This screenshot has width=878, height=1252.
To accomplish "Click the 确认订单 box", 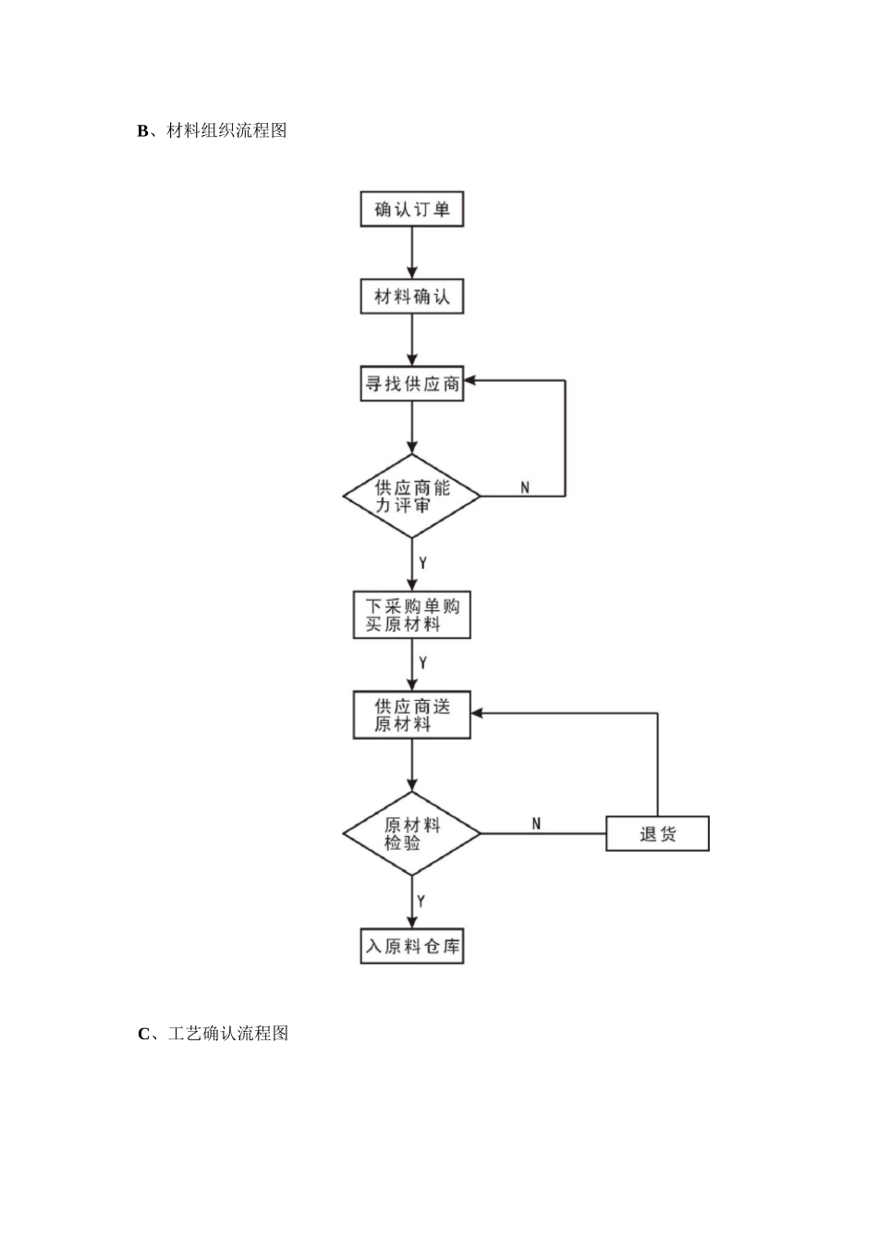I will coord(411,209).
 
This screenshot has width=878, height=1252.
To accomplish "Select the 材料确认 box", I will coord(411,297).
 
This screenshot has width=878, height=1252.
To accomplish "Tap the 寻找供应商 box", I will coord(411,384).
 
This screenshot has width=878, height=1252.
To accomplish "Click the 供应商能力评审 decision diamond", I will coord(411,497).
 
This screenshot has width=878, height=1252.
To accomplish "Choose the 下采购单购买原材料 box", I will coord(411,615).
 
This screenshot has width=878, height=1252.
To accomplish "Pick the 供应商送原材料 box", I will coord(411,715).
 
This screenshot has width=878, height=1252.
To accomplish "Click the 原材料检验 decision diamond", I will coord(411,833).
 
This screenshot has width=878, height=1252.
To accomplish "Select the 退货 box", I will coord(657,833).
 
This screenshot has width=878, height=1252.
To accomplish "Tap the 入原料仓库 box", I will coord(411,946).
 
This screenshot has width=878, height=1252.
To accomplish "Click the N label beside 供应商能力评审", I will coord(525,486).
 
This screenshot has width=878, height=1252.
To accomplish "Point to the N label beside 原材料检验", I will coord(536,823).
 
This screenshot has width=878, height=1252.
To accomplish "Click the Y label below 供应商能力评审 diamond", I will coord(422,562).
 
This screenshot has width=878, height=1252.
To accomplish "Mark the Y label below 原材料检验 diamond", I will coord(421,900).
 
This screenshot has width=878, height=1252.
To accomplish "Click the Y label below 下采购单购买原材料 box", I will coord(422,663).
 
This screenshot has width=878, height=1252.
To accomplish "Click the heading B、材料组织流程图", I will coord(213,130).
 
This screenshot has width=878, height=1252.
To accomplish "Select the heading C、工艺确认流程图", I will coord(213,1033).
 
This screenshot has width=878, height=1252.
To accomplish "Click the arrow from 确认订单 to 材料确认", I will coord(412,253).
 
